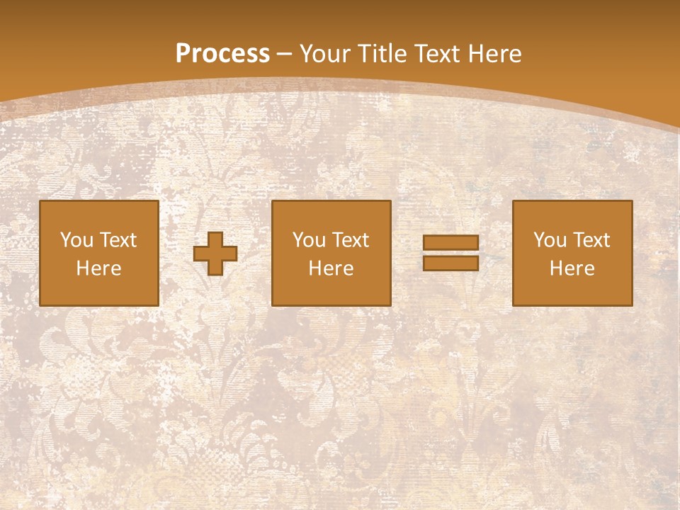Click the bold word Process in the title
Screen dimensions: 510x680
click(222, 54)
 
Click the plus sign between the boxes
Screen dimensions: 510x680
click(215, 253)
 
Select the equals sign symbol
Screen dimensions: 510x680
click(450, 253)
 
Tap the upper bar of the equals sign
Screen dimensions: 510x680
click(450, 242)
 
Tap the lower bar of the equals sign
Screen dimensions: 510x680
click(450, 263)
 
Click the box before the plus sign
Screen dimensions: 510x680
click(99, 253)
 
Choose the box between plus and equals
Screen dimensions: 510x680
click(331, 253)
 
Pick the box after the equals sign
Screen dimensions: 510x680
click(572, 253)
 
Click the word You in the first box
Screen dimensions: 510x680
click(76, 240)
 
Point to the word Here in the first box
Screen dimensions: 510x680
click(99, 268)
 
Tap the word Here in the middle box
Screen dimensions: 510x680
click(331, 268)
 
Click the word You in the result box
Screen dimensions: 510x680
click(549, 240)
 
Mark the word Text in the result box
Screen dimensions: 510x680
click(591, 240)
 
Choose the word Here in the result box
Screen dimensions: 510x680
click(572, 268)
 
